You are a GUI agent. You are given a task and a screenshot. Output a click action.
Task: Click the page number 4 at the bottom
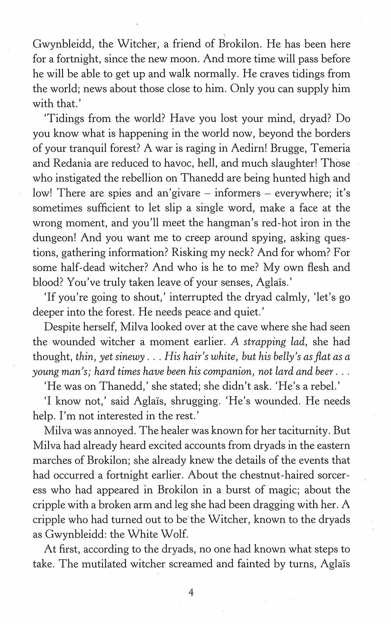click(x=191, y=593)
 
